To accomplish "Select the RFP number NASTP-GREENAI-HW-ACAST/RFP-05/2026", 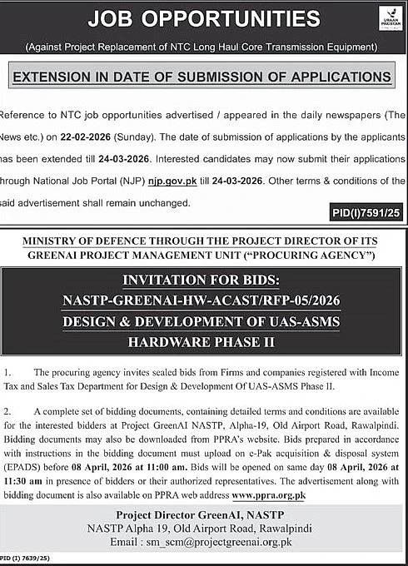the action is tap(203, 299).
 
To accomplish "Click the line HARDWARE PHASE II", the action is tap(203, 341).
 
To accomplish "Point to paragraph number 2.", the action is tap(7, 411).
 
